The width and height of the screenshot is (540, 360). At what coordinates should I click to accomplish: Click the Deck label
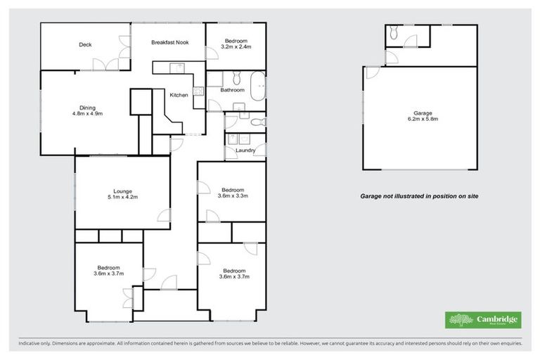pos(85,45)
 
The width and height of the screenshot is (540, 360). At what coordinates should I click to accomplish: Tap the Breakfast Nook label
pos(169,43)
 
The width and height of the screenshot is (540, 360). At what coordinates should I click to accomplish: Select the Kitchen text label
pos(179,96)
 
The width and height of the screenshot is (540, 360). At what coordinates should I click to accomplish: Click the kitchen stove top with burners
pos(198,90)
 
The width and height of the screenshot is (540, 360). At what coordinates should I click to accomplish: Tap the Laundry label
pos(245,150)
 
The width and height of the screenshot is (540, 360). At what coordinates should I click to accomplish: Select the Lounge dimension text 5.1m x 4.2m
pos(122,198)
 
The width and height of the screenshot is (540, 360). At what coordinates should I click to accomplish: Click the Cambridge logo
pos(483,320)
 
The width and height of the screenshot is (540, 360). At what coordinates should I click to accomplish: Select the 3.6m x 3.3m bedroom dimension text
pos(233,196)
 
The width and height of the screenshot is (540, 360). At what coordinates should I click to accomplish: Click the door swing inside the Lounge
pos(162,217)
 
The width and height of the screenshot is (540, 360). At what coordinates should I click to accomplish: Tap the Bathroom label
pos(232,90)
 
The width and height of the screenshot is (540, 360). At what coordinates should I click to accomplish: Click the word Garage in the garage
pos(423,113)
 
